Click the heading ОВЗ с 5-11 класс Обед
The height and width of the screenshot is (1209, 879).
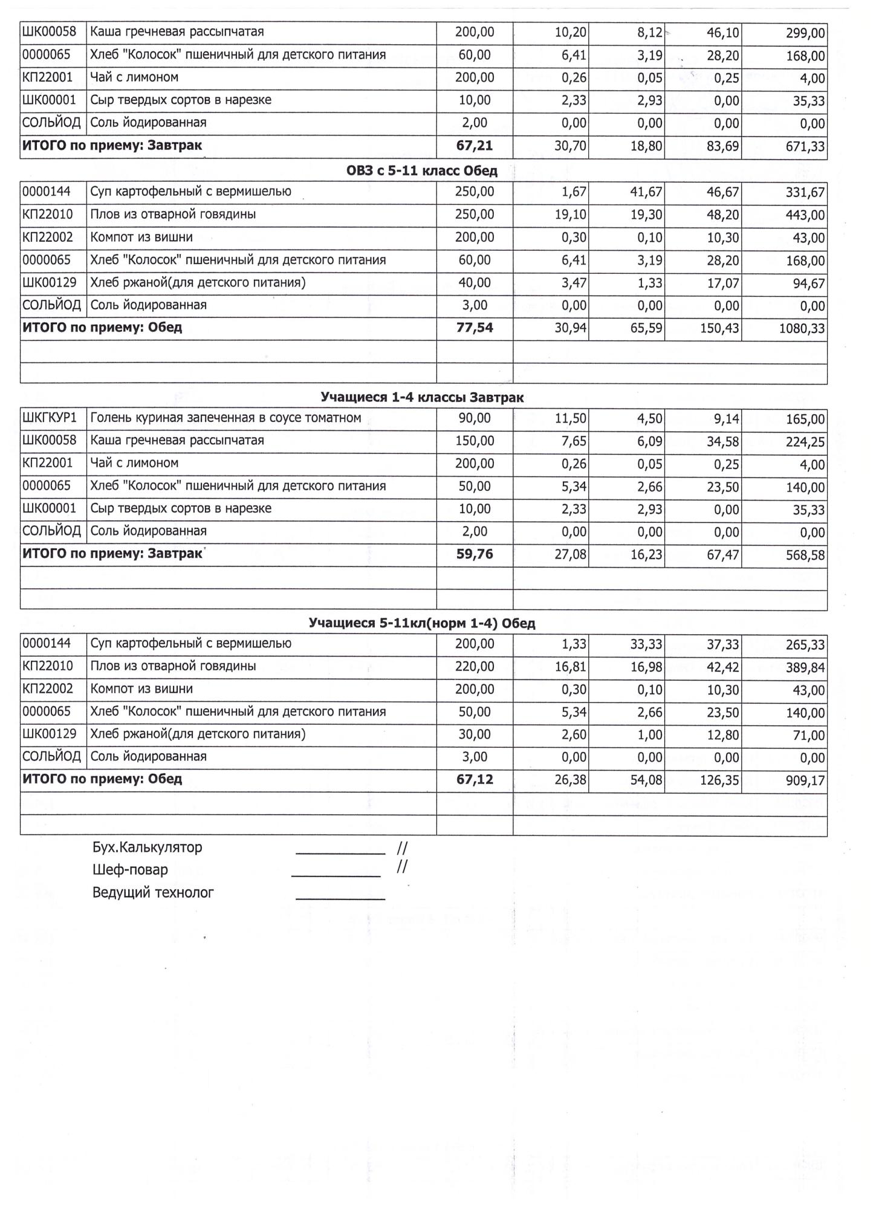pyautogui.click(x=421, y=171)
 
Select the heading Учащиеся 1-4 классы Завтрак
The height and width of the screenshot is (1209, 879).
pyautogui.click(x=421, y=398)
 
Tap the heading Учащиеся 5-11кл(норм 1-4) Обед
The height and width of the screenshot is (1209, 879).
pyautogui.click(x=421, y=623)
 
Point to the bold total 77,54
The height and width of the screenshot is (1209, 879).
pyautogui.click(x=475, y=328)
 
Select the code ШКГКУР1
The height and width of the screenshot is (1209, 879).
pyautogui.click(x=50, y=418)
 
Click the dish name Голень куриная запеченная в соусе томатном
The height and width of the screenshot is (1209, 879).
pyautogui.click(x=225, y=418)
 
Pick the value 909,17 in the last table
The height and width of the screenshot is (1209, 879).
pyautogui.click(x=805, y=781)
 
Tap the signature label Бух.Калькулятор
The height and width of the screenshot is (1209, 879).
pyautogui.click(x=147, y=848)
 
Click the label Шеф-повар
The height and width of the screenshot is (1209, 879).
pyautogui.click(x=130, y=870)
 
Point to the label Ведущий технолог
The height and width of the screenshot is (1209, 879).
pyautogui.click(x=153, y=893)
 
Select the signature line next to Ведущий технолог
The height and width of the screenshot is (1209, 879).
pyautogui.click(x=340, y=899)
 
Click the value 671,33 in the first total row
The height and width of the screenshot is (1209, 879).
pyautogui.click(x=805, y=147)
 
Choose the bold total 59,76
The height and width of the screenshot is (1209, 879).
pyautogui.click(x=475, y=554)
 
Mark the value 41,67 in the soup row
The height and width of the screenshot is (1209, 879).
pyautogui.click(x=646, y=193)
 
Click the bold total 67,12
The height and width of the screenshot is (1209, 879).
pyautogui.click(x=475, y=780)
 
